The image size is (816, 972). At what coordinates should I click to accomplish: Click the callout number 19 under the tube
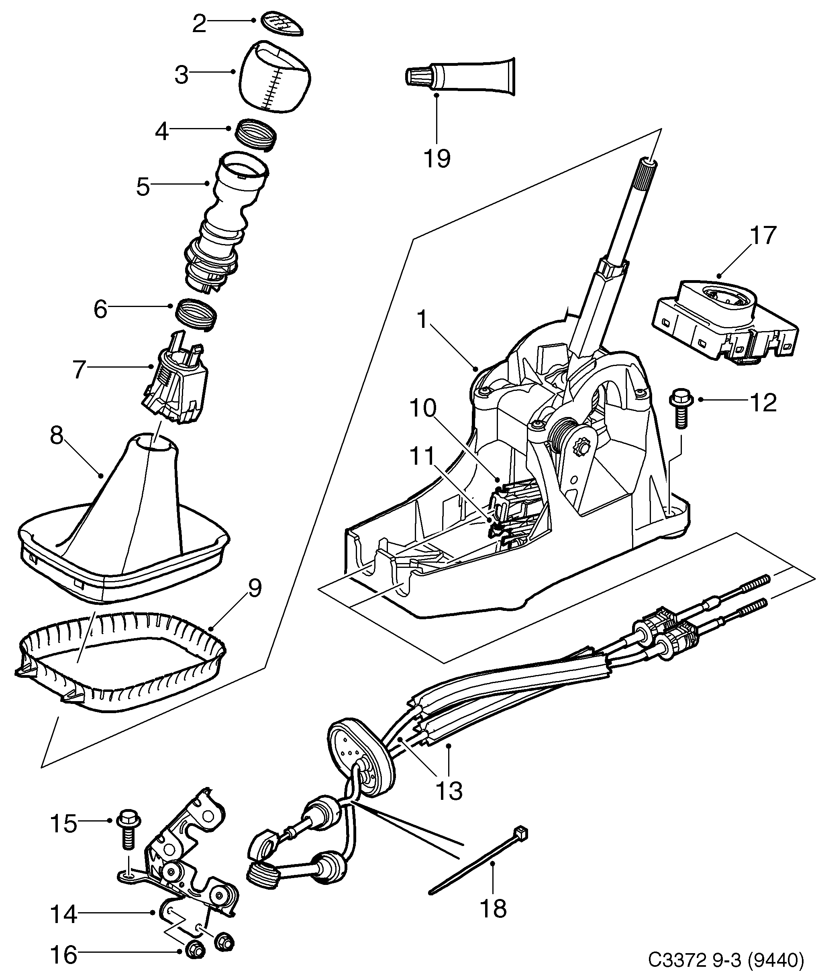(437, 158)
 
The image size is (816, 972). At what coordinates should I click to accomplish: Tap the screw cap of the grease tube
(417, 75)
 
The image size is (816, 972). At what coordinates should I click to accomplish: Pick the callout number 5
(143, 187)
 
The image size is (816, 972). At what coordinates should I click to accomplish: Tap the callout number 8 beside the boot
(57, 435)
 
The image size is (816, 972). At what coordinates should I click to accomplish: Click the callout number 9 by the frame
(254, 588)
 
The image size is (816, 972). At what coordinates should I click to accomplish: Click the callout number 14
(63, 914)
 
